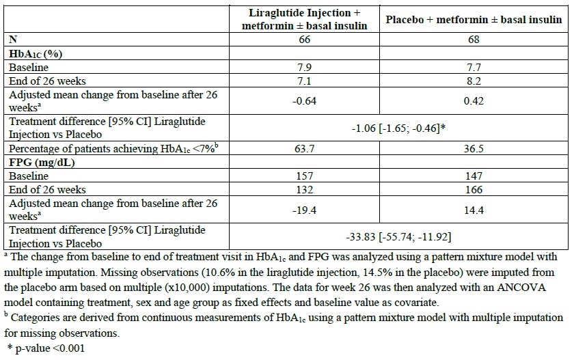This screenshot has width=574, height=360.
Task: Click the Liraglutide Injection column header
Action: tap(304, 19)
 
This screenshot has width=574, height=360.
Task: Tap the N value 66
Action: tap(305, 40)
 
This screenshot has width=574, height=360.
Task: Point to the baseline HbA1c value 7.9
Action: tap(305, 68)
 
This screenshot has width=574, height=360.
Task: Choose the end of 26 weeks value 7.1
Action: tap(305, 81)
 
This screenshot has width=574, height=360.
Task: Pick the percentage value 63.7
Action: tap(305, 148)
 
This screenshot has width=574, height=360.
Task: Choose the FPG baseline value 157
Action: tap(305, 176)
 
